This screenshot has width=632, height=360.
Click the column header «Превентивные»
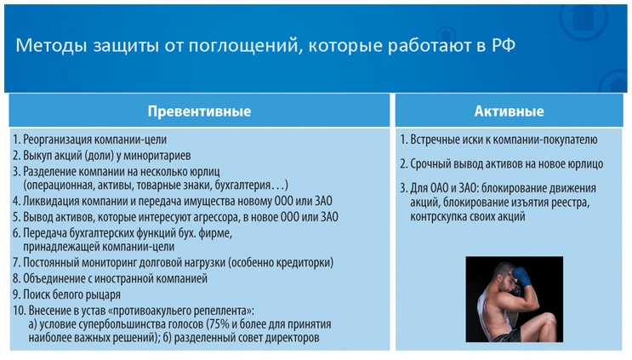click(x=199, y=111)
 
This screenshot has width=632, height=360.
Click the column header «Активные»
click(x=509, y=111)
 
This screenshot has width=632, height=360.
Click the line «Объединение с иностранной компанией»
click(x=109, y=278)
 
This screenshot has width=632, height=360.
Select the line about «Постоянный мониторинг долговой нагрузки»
click(x=172, y=263)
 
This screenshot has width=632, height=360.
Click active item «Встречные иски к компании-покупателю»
click(x=498, y=140)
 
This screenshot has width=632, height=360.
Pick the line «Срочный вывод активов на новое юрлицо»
click(x=501, y=163)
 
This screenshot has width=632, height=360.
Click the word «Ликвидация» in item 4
click(x=51, y=201)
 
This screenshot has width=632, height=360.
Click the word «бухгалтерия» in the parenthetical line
click(x=241, y=185)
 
